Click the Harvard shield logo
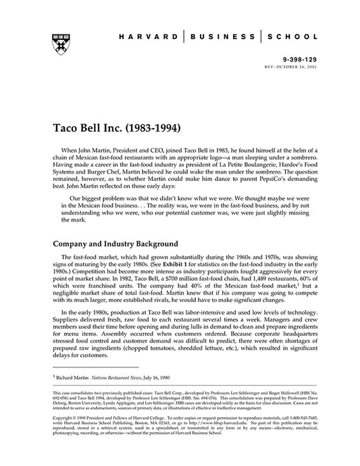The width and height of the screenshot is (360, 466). (55, 41)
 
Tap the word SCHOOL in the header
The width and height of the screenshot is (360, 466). (288, 38)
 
